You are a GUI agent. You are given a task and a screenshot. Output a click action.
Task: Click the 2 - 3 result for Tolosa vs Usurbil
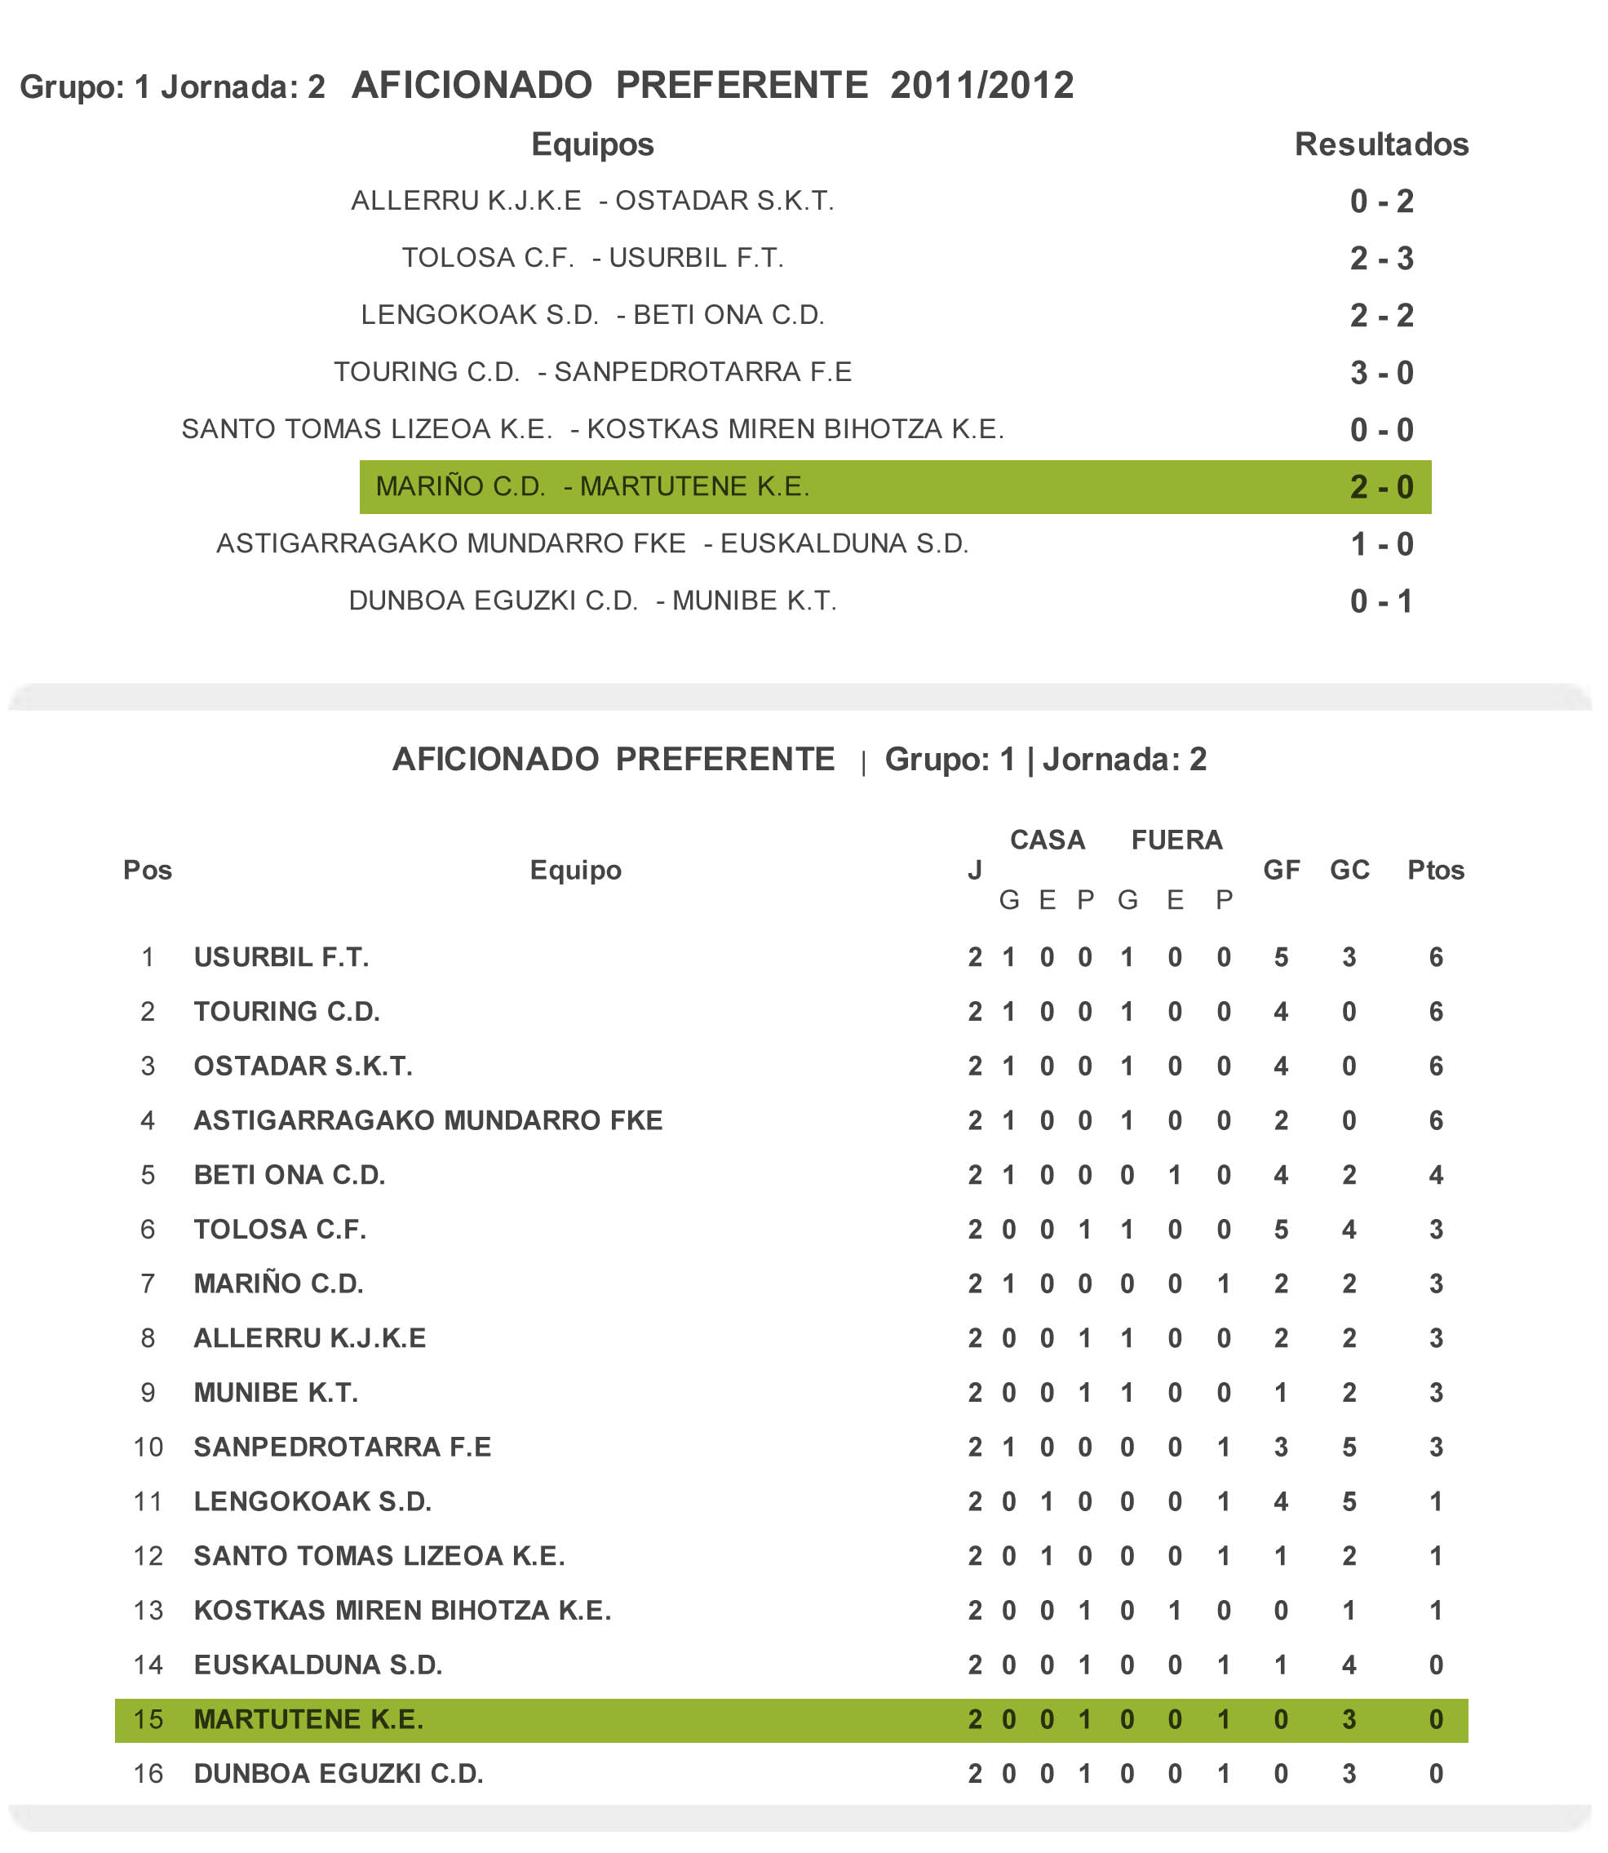coord(1381,259)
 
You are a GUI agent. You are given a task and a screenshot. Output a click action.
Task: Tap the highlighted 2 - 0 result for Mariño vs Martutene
coord(1381,487)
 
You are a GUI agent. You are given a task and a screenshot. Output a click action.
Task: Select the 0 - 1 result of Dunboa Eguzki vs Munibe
coord(1381,601)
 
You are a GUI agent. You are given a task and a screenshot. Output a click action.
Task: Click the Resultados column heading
coord(1381,144)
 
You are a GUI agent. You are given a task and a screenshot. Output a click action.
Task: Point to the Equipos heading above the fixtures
coord(592,144)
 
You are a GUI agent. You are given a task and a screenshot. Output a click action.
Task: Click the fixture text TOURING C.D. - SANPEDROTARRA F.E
coord(592,371)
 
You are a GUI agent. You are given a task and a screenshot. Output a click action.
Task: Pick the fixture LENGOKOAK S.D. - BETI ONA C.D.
coord(592,315)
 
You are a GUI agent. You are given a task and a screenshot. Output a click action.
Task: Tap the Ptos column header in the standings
coord(1435,870)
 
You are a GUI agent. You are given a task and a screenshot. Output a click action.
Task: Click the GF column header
coord(1281,870)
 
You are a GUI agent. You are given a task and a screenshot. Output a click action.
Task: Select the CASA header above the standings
coord(1048,840)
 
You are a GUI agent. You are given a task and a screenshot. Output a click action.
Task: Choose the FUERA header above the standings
coord(1176,840)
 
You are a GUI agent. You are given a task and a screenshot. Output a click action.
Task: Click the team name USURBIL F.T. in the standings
coord(281,957)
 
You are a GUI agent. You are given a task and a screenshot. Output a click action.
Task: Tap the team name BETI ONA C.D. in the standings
coord(289,1175)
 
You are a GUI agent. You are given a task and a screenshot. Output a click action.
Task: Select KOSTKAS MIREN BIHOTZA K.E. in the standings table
coord(402,1610)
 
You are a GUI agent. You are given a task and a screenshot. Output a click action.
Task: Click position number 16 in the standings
coord(148,1773)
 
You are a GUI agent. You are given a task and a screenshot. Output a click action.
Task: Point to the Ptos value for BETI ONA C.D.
coord(1436,1175)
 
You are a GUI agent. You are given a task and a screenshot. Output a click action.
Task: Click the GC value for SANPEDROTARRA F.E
coord(1349,1447)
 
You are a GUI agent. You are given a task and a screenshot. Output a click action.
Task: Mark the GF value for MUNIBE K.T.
coord(1281,1392)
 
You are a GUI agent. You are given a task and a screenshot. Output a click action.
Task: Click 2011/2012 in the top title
coord(981,85)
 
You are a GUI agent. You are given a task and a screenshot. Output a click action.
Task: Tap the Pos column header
coord(147,870)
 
